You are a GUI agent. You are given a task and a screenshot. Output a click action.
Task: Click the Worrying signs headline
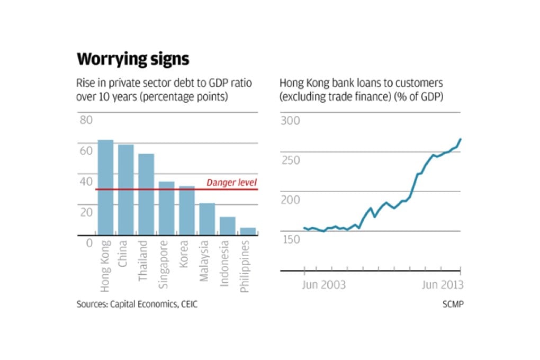[x=133, y=59]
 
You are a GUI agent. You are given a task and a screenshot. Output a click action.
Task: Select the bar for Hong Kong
[x=105, y=188]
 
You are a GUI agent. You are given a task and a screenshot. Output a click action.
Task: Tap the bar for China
[x=126, y=190]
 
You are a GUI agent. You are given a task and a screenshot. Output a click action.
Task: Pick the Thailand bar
[x=146, y=194]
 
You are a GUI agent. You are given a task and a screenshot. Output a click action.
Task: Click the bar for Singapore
[x=167, y=209]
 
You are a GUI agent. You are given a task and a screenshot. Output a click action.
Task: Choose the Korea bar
[x=187, y=211]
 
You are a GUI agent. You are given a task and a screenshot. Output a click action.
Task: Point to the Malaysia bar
[x=207, y=219]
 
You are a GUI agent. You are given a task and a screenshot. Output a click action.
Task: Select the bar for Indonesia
[x=228, y=226]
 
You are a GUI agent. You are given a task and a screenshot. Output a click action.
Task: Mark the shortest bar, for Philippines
[x=248, y=231]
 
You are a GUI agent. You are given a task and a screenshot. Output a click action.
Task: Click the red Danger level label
[x=231, y=183]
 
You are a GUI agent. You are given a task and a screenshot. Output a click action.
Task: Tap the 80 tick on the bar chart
[x=86, y=120]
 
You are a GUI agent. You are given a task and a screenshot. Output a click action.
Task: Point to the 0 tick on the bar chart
[x=89, y=243]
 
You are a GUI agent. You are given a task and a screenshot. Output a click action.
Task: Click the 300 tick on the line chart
[x=290, y=120]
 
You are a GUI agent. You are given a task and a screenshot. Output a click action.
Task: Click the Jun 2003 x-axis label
[x=323, y=285]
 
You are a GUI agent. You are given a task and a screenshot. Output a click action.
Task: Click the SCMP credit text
[x=453, y=304]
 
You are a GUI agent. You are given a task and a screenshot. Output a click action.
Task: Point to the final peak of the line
[x=461, y=139]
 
